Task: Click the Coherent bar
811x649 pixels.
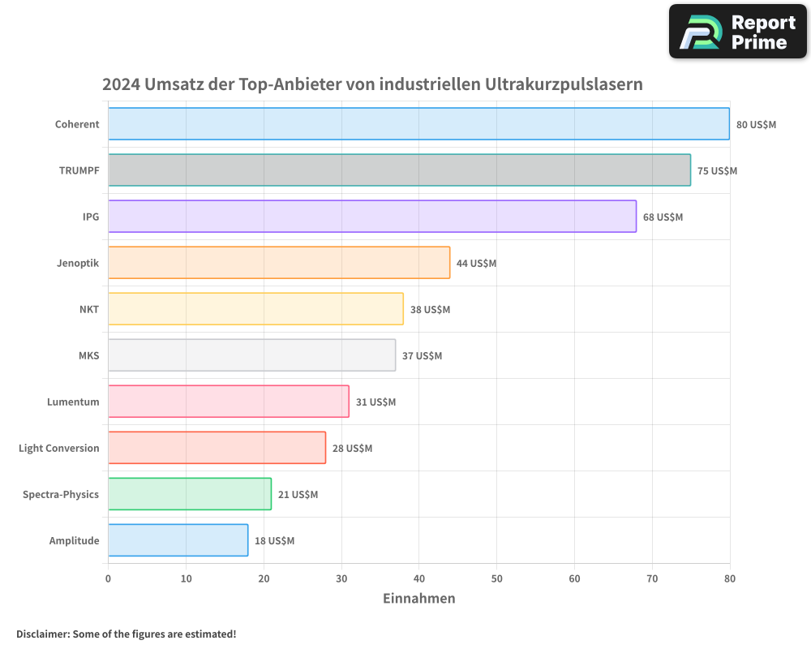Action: pyautogui.click(x=418, y=124)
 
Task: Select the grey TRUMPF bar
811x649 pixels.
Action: pyautogui.click(x=399, y=170)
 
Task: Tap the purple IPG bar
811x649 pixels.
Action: pyautogui.click(x=371, y=217)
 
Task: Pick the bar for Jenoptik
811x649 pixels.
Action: pyautogui.click(x=278, y=263)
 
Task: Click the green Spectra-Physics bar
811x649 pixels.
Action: pyautogui.click(x=189, y=494)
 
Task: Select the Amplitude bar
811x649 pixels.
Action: pyautogui.click(x=178, y=540)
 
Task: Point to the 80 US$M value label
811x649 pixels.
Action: pyautogui.click(x=756, y=125)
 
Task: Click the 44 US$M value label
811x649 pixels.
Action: pyautogui.click(x=476, y=264)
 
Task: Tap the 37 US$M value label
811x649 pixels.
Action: pyautogui.click(x=422, y=356)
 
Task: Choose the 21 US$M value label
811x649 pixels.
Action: pyautogui.click(x=298, y=495)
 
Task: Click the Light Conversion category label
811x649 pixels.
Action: pyautogui.click(x=59, y=449)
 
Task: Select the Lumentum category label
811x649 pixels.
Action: pyautogui.click(x=73, y=402)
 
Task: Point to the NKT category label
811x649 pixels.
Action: pyautogui.click(x=89, y=310)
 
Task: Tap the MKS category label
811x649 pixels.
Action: pyautogui.click(x=88, y=356)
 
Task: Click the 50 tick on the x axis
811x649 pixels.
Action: pyautogui.click(x=496, y=579)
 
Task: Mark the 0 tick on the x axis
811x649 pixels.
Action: pyautogui.click(x=108, y=579)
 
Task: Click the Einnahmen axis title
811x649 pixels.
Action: pyautogui.click(x=418, y=599)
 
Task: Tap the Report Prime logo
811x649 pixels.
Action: pyautogui.click(x=738, y=32)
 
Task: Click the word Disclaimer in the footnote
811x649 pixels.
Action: pyautogui.click(x=41, y=634)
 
